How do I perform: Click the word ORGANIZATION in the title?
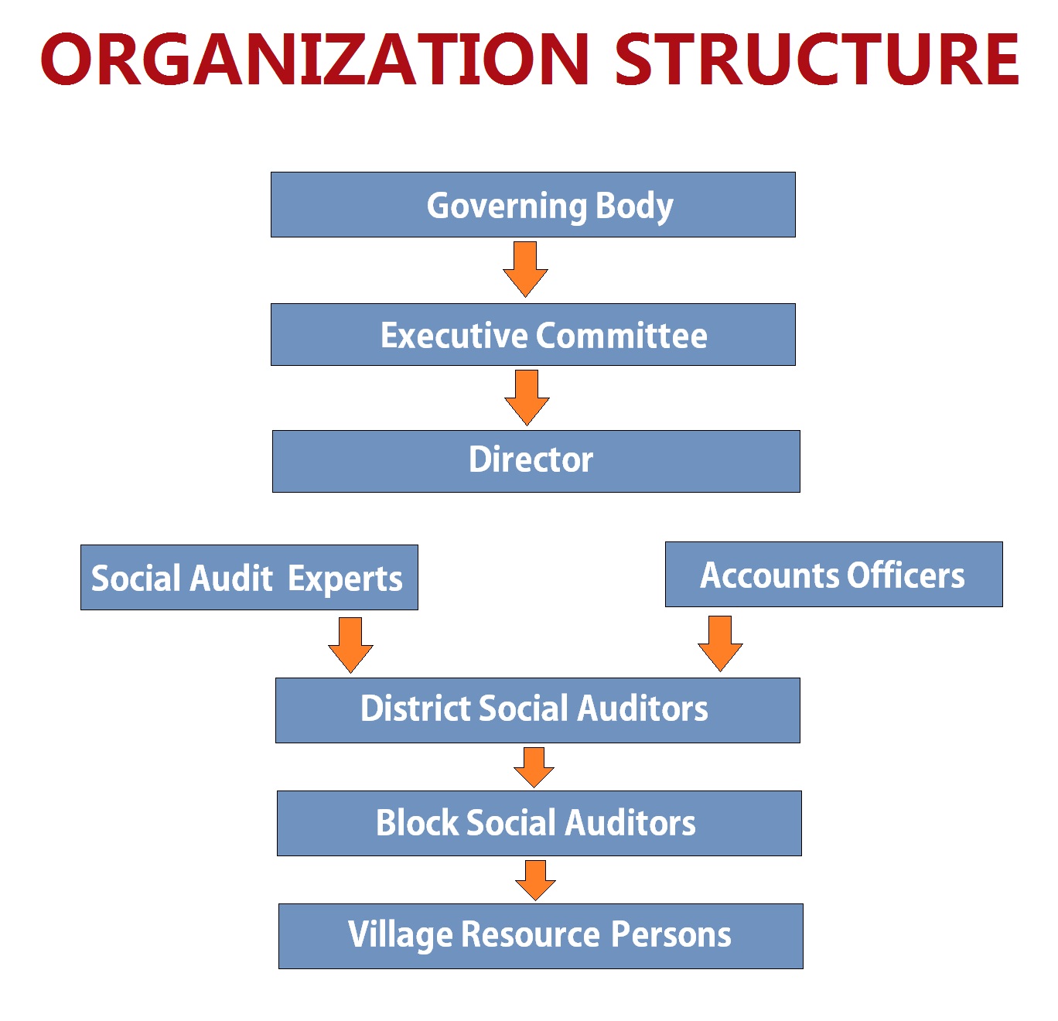coord(316,60)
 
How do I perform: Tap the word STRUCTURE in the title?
coord(817,60)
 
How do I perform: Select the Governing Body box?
coord(533,205)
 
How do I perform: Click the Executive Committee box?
coord(533,335)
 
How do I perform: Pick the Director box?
coord(536,461)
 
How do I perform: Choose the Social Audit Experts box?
coord(249,578)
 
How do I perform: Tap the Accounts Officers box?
coord(834,575)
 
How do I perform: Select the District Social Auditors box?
coord(538,710)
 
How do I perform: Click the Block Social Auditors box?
coord(539,823)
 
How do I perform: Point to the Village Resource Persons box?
coord(541,936)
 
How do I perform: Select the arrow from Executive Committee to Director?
coord(527,398)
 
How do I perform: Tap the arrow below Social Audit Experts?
coord(350,644)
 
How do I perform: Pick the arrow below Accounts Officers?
coord(720,643)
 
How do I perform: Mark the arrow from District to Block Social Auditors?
coord(534,767)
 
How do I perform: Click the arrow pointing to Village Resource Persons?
coord(535,879)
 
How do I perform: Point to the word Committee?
coord(621,336)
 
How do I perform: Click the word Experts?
coord(345,579)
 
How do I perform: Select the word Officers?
coord(906,575)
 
